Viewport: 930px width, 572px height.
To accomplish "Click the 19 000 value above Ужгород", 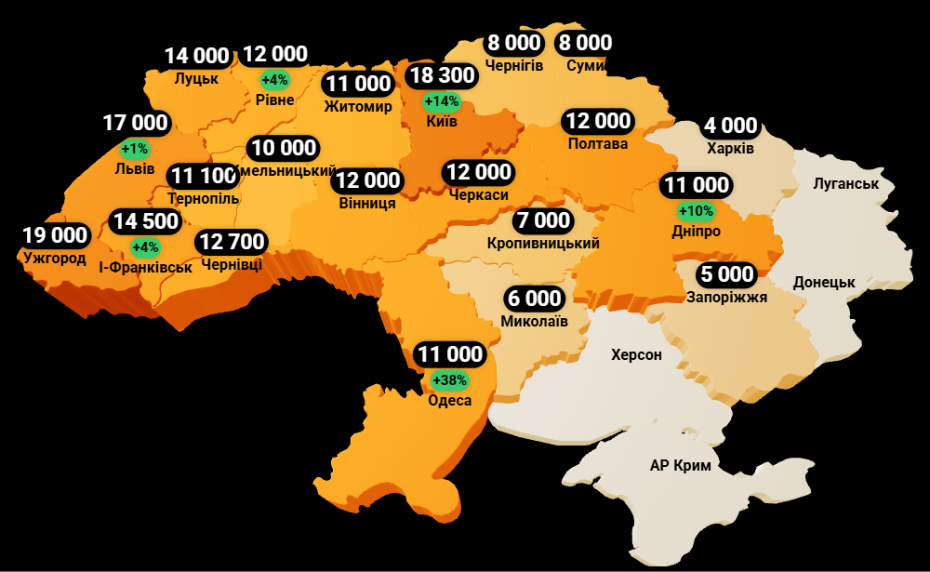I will (56, 236).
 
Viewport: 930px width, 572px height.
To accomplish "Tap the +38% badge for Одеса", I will (450, 380).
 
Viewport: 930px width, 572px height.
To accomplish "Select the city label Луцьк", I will (196, 79).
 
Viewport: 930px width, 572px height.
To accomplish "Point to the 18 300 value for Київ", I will (441, 75).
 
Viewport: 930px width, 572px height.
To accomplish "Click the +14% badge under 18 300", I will (441, 100).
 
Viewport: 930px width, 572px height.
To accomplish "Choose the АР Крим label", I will (680, 466).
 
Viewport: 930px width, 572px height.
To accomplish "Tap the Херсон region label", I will (636, 354).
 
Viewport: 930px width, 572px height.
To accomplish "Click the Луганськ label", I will (845, 183).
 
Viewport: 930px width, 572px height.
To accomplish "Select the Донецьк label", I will (824, 282).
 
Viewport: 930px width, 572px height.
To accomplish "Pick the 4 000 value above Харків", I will (730, 126).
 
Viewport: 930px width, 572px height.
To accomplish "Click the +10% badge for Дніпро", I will (696, 210).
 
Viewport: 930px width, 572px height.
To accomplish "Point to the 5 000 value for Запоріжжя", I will (726, 274).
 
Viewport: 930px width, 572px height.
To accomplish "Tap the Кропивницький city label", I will (543, 244).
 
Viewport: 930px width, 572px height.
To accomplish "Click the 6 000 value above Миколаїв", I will (534, 299).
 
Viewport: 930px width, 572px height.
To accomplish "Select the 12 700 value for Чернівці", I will (232, 243).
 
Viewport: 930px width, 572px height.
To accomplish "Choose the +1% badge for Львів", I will (135, 148).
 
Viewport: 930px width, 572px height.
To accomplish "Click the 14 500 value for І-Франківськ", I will (144, 222).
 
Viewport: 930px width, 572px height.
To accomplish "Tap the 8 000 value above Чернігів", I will (513, 43).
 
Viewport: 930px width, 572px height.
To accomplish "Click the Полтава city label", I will (598, 144).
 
